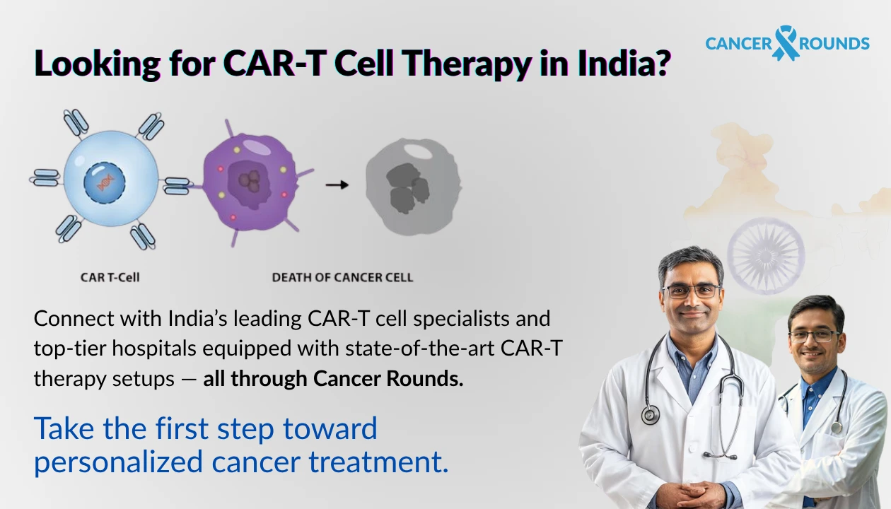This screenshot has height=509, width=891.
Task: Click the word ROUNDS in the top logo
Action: tap(834, 44)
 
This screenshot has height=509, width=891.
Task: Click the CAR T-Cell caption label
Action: tap(110, 277)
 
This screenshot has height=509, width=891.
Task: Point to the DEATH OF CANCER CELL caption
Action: tap(342, 277)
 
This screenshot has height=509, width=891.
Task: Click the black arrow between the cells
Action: tap(337, 185)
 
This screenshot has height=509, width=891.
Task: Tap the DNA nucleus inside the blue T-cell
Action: tap(105, 182)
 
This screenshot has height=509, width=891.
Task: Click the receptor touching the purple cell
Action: tap(177, 186)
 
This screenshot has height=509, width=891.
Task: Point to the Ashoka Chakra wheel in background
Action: tap(766, 255)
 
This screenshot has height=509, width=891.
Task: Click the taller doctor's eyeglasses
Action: tap(692, 291)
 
